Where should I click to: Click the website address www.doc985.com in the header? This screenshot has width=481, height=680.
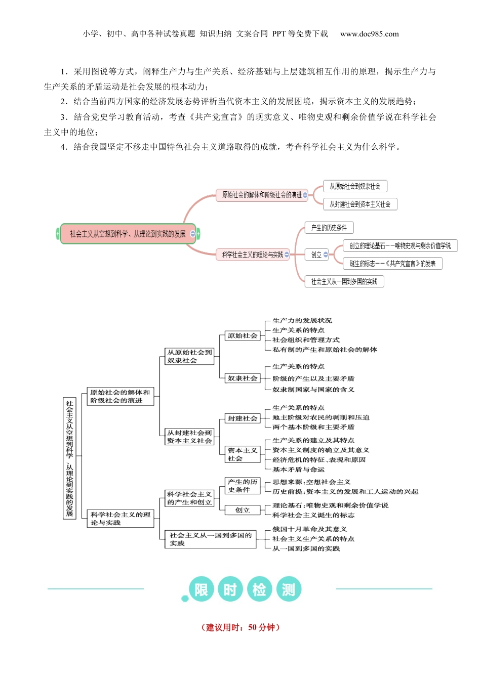click(369, 34)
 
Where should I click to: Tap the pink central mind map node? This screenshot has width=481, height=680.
click(128, 234)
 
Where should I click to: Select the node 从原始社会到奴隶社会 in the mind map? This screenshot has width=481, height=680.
click(354, 186)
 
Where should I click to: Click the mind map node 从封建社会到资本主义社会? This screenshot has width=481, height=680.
click(359, 204)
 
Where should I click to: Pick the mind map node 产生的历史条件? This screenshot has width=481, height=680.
click(329, 228)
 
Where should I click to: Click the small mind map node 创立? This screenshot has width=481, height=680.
click(316, 254)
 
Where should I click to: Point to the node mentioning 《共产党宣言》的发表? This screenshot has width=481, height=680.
click(392, 264)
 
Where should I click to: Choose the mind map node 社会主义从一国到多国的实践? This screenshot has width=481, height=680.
click(344, 281)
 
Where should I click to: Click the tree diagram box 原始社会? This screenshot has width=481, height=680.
click(242, 335)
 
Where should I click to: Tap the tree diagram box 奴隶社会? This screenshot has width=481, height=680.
click(242, 378)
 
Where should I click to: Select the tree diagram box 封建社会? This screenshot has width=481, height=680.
click(242, 418)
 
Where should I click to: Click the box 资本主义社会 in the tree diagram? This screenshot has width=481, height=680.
click(242, 454)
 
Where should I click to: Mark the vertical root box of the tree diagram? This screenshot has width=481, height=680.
click(69, 458)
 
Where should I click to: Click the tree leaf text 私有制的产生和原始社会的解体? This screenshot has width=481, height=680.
click(325, 350)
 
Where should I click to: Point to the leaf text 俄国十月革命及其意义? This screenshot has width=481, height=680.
click(309, 529)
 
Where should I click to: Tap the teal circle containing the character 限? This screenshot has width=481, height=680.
click(201, 589)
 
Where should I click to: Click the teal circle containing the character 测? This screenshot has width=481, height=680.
click(289, 589)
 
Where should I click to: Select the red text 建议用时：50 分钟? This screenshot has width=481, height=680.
click(240, 627)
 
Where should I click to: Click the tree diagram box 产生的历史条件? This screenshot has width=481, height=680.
click(242, 486)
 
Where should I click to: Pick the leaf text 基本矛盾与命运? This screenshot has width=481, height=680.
click(298, 470)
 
